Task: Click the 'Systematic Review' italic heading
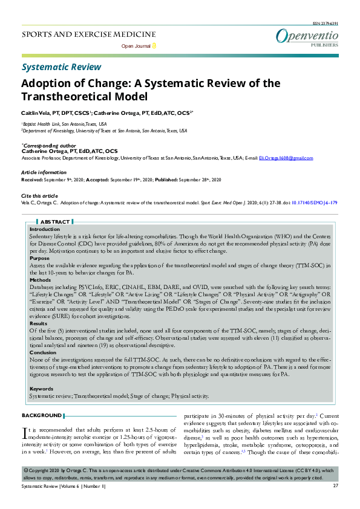pos(61,67)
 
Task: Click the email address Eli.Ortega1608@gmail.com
pos(286,158)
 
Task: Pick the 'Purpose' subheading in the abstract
pos(40,258)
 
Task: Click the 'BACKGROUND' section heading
pos(41,415)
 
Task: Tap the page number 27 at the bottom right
pos(335,486)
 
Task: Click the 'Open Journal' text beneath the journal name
pos(136,46)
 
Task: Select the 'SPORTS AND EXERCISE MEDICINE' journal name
pos(88,34)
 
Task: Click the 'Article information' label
pos(44,173)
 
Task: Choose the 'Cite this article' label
pos(40,196)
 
